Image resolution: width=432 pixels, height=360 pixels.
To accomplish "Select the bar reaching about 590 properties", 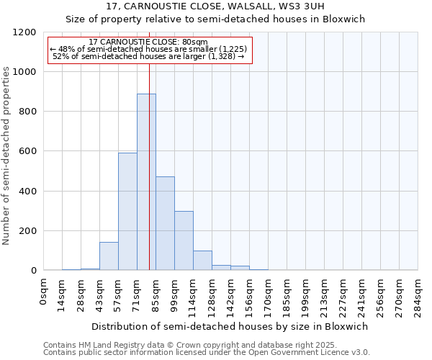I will pos(127,212).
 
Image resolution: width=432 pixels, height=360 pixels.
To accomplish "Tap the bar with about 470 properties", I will pos(165,223).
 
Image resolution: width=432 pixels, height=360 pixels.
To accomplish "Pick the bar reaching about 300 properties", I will pos(184,240).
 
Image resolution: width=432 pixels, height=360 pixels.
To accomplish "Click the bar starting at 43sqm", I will pos(109,256).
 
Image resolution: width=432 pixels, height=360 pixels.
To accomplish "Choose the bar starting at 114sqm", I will pos(202,261).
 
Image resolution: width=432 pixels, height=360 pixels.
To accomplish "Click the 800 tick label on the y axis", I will pos(27,112).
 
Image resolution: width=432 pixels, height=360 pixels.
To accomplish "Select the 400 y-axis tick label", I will pos(27,192).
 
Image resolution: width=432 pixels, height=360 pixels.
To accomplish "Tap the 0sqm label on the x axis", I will pos(44,292).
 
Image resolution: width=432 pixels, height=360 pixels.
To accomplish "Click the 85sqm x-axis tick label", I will pos(156,294).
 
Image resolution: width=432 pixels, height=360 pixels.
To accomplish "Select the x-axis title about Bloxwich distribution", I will pos(230,326).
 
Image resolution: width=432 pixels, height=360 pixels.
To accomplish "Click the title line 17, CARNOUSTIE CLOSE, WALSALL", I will pos(215,6).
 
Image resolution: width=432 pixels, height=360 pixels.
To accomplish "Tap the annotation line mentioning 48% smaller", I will pos(149,49).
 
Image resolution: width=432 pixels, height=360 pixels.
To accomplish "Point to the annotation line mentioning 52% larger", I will pos(149,56).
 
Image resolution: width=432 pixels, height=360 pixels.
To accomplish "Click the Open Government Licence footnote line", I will pos(207,353).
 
